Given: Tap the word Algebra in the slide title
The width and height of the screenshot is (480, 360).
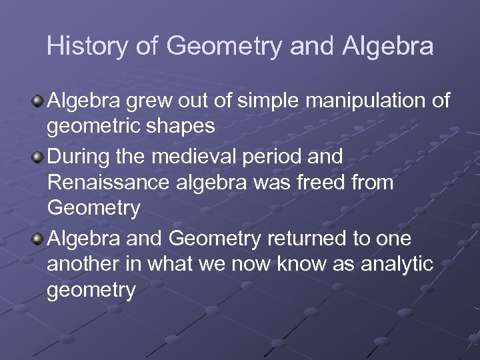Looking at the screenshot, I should (x=388, y=46).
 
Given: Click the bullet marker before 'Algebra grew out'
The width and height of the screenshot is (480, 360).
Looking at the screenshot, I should (x=39, y=102).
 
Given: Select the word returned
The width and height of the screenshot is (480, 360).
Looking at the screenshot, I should (x=311, y=239).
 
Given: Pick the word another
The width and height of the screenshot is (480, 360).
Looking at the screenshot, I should (x=83, y=265).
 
